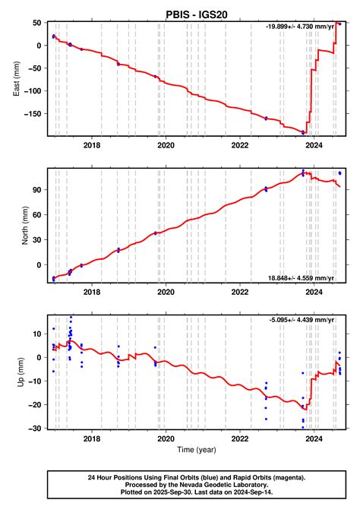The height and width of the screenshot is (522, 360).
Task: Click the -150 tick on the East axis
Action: [x=33, y=116]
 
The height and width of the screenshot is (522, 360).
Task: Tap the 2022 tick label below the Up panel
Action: [x=240, y=439]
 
